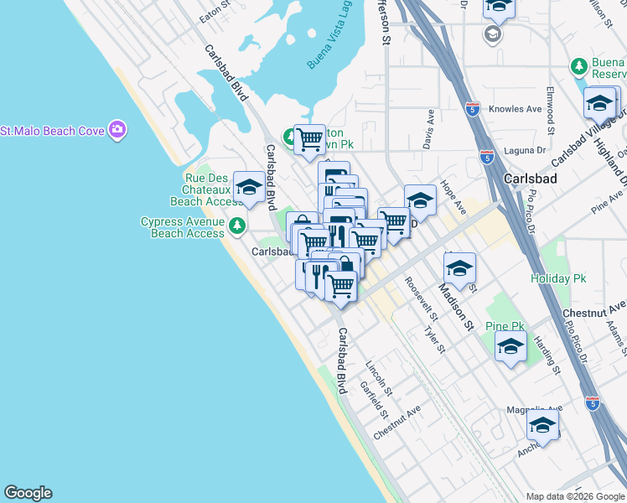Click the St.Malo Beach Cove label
click(53, 131)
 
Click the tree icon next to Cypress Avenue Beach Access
click(238, 226)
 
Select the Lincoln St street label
click(379, 378)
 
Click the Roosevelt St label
click(421, 299)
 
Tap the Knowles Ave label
click(516, 109)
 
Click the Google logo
click(28, 493)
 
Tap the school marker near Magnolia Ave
click(542, 428)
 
